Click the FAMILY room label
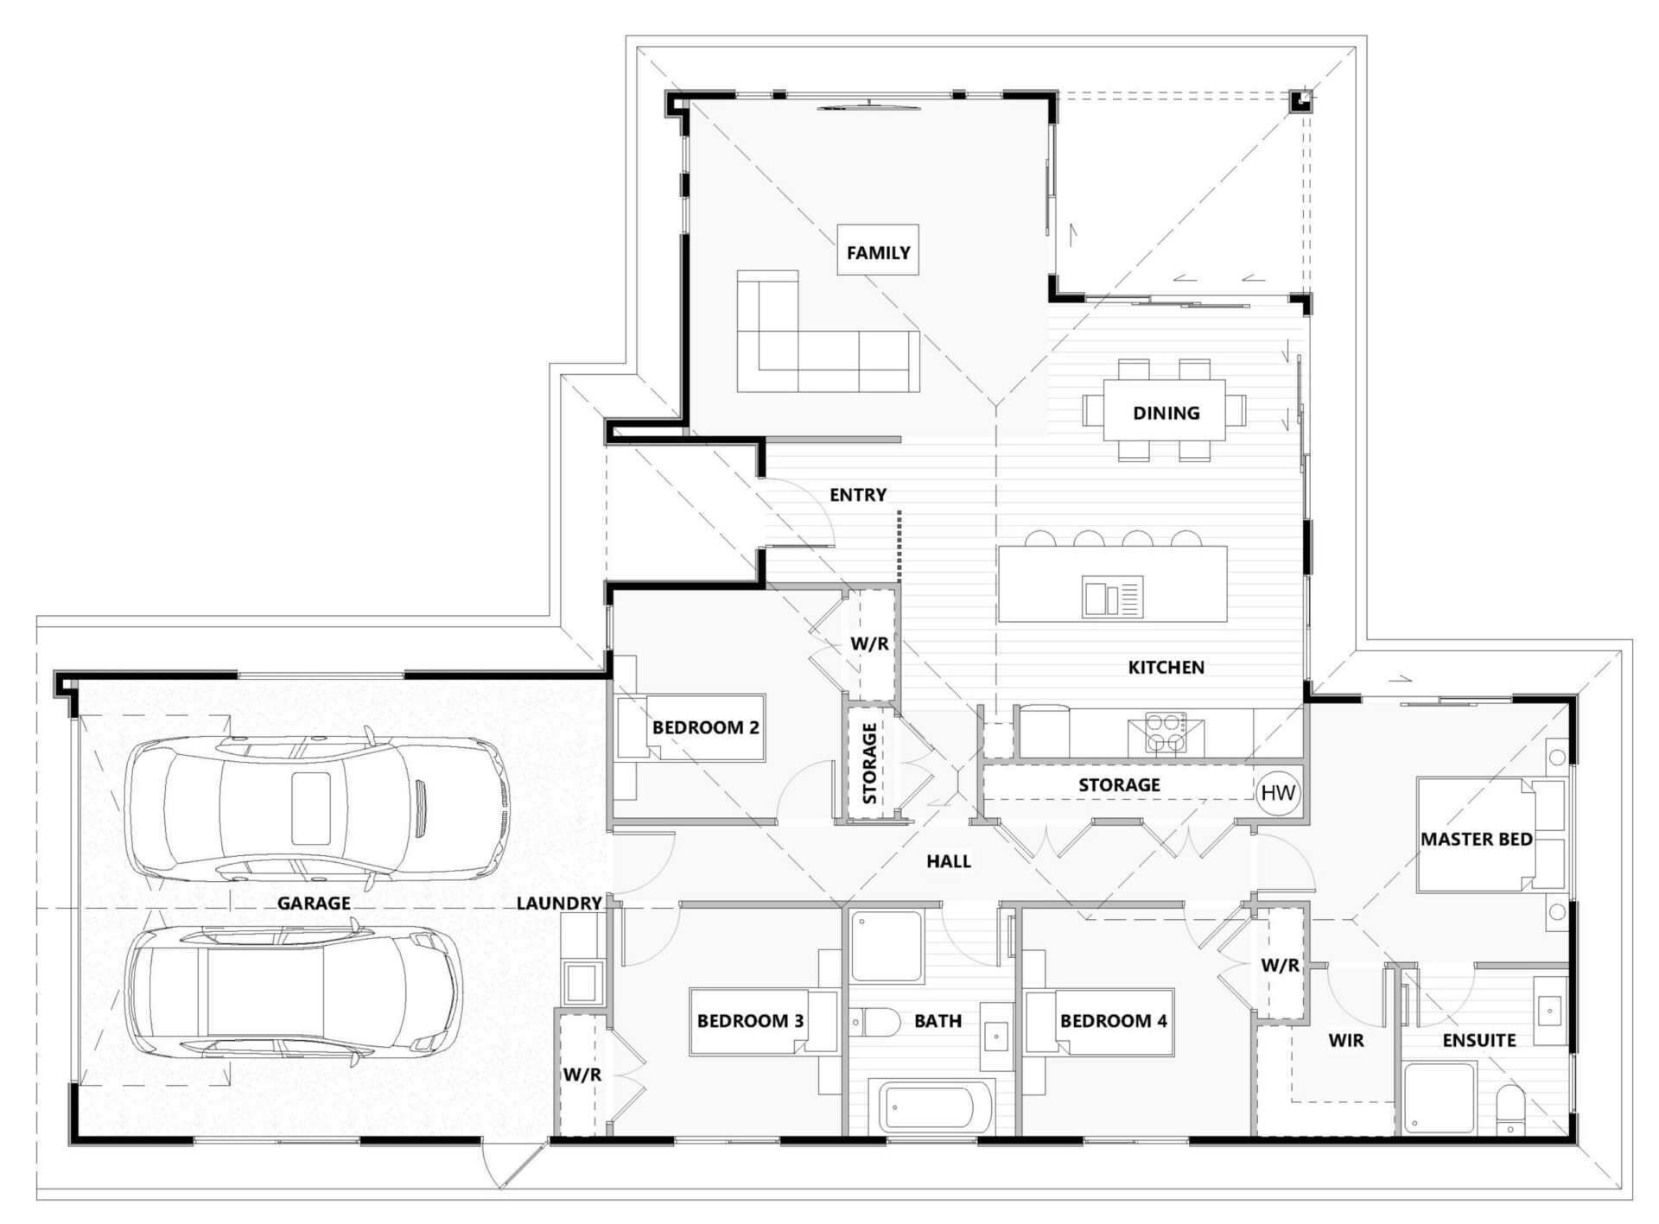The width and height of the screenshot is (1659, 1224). point(878,253)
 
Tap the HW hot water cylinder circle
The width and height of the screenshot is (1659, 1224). point(1278,792)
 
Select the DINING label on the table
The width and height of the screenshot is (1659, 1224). point(1166,413)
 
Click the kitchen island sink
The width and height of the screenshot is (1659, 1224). point(1112,597)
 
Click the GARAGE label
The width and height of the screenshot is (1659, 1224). point(314,904)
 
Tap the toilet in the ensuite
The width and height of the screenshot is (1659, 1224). point(1511,1111)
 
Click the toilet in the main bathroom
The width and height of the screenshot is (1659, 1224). point(875,1022)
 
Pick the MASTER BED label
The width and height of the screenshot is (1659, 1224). point(1477,839)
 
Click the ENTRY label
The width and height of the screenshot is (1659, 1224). point(858,495)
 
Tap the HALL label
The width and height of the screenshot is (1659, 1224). point(949,861)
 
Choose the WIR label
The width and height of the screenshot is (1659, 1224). point(1346,1041)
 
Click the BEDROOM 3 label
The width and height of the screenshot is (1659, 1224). point(750,1021)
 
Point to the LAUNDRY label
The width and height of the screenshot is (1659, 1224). point(559,904)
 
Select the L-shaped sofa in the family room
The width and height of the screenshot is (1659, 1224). point(828,332)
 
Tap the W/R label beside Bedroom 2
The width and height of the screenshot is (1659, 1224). point(870,644)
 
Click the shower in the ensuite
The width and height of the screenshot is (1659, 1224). point(1440,1099)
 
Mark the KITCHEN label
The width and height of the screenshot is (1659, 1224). point(1166,668)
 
